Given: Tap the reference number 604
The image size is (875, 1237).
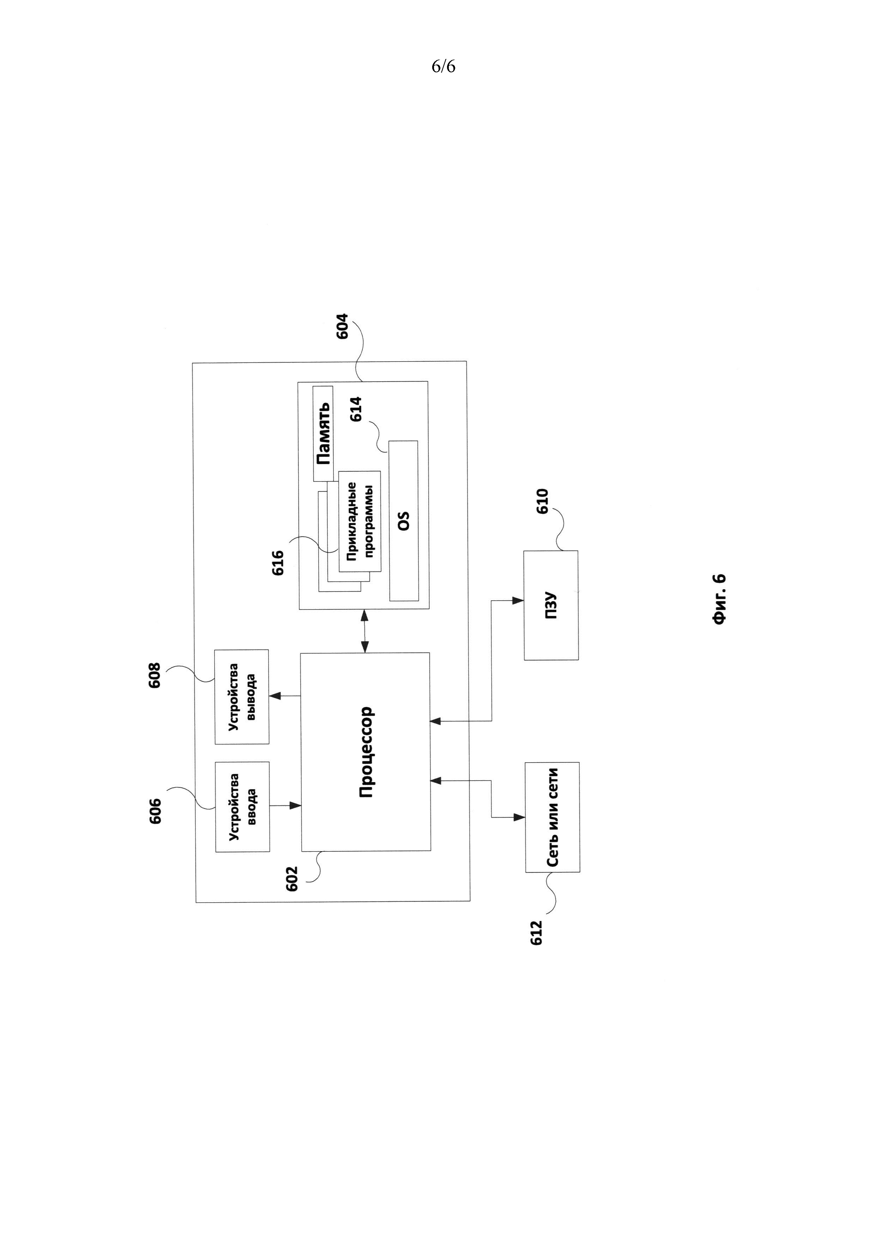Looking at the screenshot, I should point(342,326).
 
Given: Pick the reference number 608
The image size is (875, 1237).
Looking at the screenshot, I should point(155,675).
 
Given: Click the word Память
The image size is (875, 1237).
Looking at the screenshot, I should point(323,434).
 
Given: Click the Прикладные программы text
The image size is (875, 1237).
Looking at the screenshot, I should point(360,521).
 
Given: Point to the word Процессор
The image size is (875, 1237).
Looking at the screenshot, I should point(366,752).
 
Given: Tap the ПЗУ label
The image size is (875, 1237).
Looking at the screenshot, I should point(551,606).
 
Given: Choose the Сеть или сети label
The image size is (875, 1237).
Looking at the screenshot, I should point(552,817).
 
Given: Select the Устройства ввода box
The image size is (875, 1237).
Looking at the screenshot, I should point(242,807).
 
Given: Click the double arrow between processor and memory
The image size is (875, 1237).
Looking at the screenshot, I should point(365,631).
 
